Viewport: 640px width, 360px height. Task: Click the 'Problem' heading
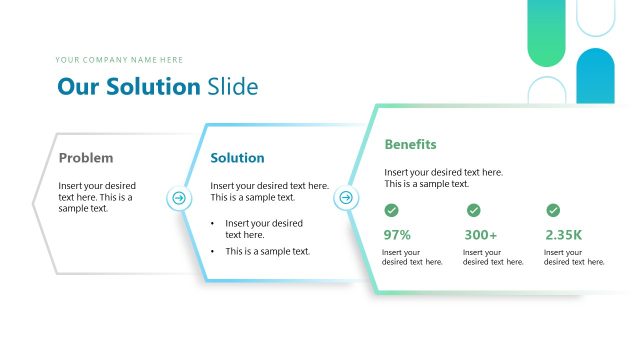tap(86, 158)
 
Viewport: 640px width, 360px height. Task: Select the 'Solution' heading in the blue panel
tap(237, 158)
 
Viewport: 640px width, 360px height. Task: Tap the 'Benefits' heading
tap(410, 145)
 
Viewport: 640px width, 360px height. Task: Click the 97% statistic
tap(397, 235)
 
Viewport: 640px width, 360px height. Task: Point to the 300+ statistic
tap(480, 235)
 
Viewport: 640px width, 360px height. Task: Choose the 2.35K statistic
tap(564, 235)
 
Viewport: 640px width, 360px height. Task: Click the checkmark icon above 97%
tap(392, 210)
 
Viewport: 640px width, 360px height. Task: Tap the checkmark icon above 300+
tap(473, 210)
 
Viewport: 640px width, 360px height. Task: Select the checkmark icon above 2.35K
tap(553, 210)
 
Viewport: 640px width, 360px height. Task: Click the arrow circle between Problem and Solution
tap(179, 198)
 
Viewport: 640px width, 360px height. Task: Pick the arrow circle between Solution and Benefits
tap(346, 198)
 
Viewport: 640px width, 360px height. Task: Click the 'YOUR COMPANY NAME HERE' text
tap(120, 60)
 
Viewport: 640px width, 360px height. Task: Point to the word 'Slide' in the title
tap(232, 87)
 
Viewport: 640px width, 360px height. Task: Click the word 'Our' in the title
tap(77, 87)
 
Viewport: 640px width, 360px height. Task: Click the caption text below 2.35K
tap(574, 257)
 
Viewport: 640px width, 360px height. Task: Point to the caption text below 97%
tap(412, 257)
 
